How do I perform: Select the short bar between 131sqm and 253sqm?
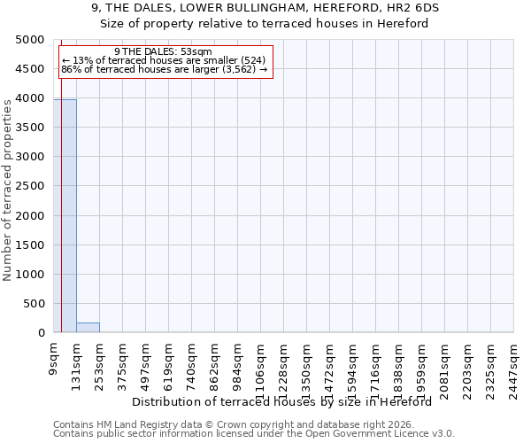[x=88, y=327]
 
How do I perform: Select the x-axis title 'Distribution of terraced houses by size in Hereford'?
[x=287, y=401]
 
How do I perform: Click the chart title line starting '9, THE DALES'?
[x=265, y=8]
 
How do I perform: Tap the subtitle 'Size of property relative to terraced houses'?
[x=265, y=24]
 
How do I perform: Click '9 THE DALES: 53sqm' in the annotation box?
[x=164, y=52]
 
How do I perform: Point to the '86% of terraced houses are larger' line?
[x=164, y=69]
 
